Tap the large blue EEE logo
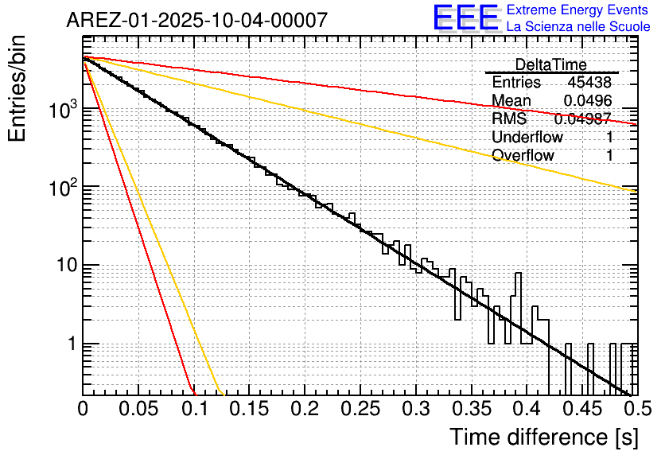point(466,18)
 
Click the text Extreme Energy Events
point(578,10)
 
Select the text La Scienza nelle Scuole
point(578,27)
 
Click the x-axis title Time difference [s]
point(542,437)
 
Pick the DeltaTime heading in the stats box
point(551,64)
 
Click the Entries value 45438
point(589,83)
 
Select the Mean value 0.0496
point(587,101)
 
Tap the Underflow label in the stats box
point(527,138)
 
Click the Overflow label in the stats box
point(523,155)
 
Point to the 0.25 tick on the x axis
point(359,410)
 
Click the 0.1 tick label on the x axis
point(193,410)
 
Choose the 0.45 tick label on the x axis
point(580,410)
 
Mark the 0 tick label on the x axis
point(83,410)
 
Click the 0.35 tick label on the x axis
point(469,410)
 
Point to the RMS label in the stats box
point(509,119)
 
